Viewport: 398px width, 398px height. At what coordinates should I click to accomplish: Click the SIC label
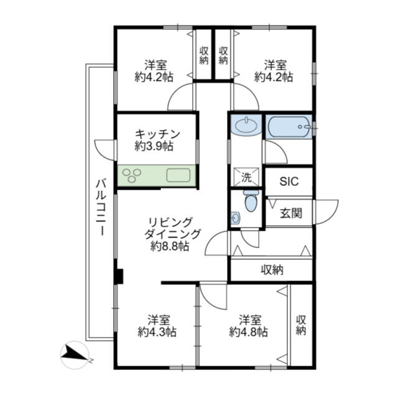289,181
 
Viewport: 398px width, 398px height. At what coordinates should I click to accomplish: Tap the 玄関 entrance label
291,213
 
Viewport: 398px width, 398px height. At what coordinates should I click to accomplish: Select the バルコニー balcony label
101,207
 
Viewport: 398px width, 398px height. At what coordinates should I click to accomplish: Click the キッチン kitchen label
157,134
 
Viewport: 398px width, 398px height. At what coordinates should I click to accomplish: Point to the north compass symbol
75,354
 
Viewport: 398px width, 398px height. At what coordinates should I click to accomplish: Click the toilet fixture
251,200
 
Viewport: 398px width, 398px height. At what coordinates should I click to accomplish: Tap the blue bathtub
289,127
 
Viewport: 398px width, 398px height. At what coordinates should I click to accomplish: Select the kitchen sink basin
178,175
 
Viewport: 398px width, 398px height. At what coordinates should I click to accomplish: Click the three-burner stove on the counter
131,175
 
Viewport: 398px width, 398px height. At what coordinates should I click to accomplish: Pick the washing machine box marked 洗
246,177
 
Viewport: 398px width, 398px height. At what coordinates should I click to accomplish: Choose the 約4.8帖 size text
249,331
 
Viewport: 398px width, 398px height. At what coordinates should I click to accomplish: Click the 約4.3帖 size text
157,331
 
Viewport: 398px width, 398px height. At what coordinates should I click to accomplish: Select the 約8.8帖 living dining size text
170,246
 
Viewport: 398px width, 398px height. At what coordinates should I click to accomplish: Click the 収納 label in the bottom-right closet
301,325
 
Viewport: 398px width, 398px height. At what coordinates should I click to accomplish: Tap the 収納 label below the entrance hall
272,270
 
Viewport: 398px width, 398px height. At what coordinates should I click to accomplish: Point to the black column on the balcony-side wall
119,276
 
